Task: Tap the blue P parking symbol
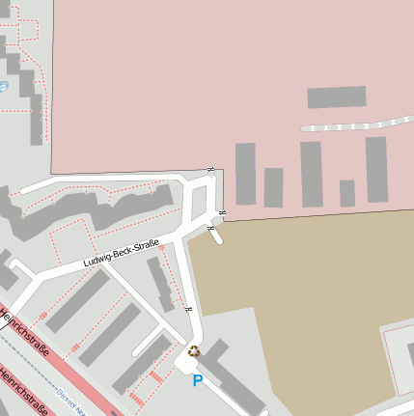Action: coord(198,381)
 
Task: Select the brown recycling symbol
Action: coord(194,352)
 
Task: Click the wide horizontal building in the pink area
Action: coord(337,97)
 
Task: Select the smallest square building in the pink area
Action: coord(347,193)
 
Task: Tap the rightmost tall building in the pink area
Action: coord(376,170)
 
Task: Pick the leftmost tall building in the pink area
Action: coord(246,174)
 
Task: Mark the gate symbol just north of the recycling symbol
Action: coord(189,310)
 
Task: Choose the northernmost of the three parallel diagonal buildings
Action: coord(77,300)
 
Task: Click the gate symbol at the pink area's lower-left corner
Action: coord(211,171)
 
